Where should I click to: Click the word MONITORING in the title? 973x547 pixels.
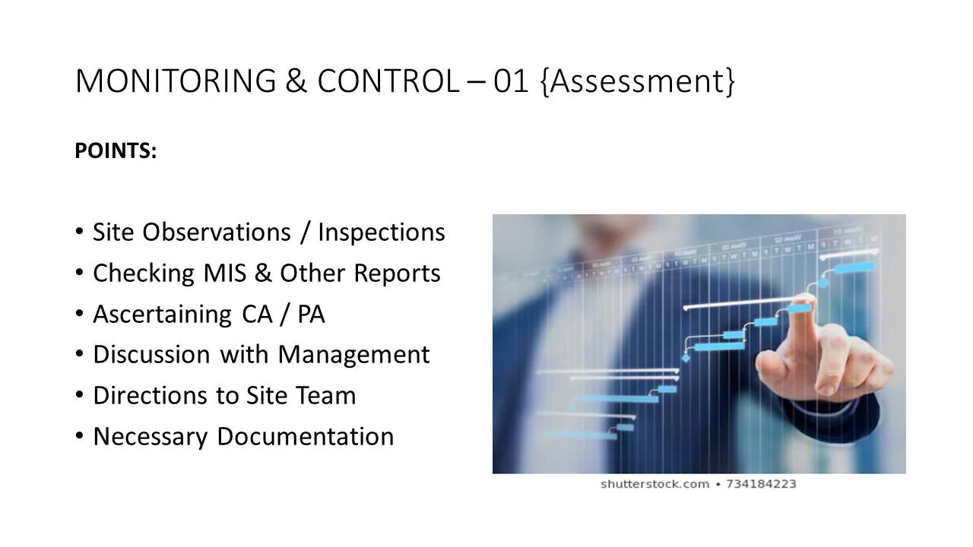coord(176,81)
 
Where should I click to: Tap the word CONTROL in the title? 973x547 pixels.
coord(388,81)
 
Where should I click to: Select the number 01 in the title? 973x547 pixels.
coord(511,81)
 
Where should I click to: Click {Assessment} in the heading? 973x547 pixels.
coord(638,81)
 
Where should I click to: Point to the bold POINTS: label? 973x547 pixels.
coord(116,151)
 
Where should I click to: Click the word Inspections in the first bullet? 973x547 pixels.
coord(381,232)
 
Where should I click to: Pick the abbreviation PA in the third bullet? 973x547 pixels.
coord(311,315)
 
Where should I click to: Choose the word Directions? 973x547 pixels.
coord(150,396)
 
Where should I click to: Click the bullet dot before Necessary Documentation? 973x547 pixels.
coord(81,436)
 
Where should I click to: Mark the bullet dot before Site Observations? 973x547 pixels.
coord(81,232)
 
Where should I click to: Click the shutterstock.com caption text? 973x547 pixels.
coord(654,484)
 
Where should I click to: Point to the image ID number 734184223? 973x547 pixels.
coord(761,484)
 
